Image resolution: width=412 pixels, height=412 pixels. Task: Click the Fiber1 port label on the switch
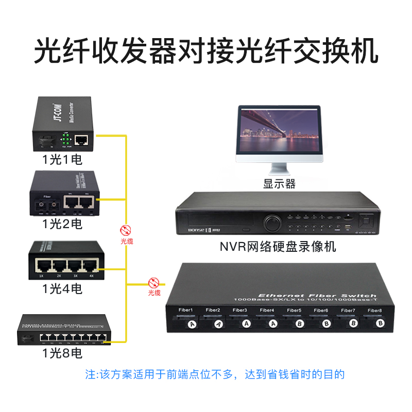[x=185, y=310]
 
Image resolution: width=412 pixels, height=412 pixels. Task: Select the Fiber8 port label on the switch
[x=375, y=310]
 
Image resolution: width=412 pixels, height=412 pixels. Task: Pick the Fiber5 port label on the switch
[x=294, y=310]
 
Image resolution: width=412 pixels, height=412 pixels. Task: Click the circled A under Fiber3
[x=246, y=323]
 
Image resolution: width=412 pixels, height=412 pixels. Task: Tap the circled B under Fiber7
[x=353, y=323]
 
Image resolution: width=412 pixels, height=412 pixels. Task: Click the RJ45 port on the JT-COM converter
[x=81, y=139]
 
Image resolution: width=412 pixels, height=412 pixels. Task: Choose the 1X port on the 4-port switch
[x=42, y=266]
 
